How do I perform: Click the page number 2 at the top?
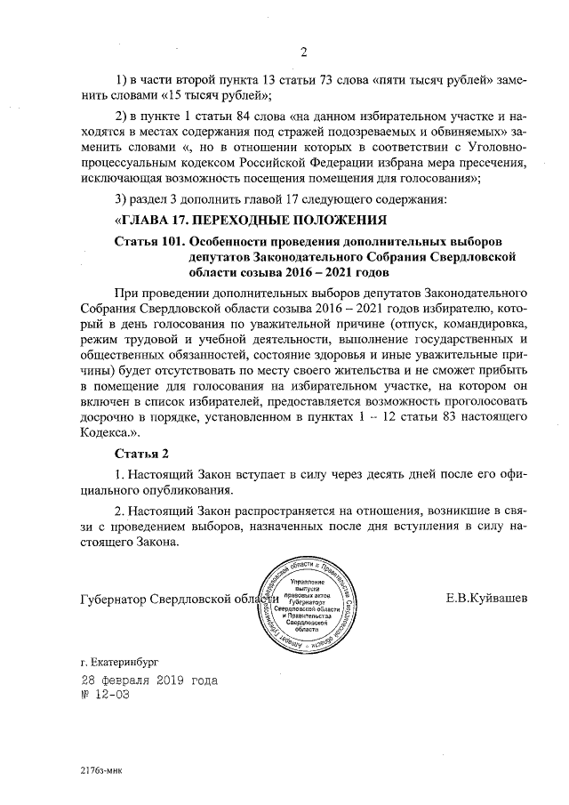coord(303,50)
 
